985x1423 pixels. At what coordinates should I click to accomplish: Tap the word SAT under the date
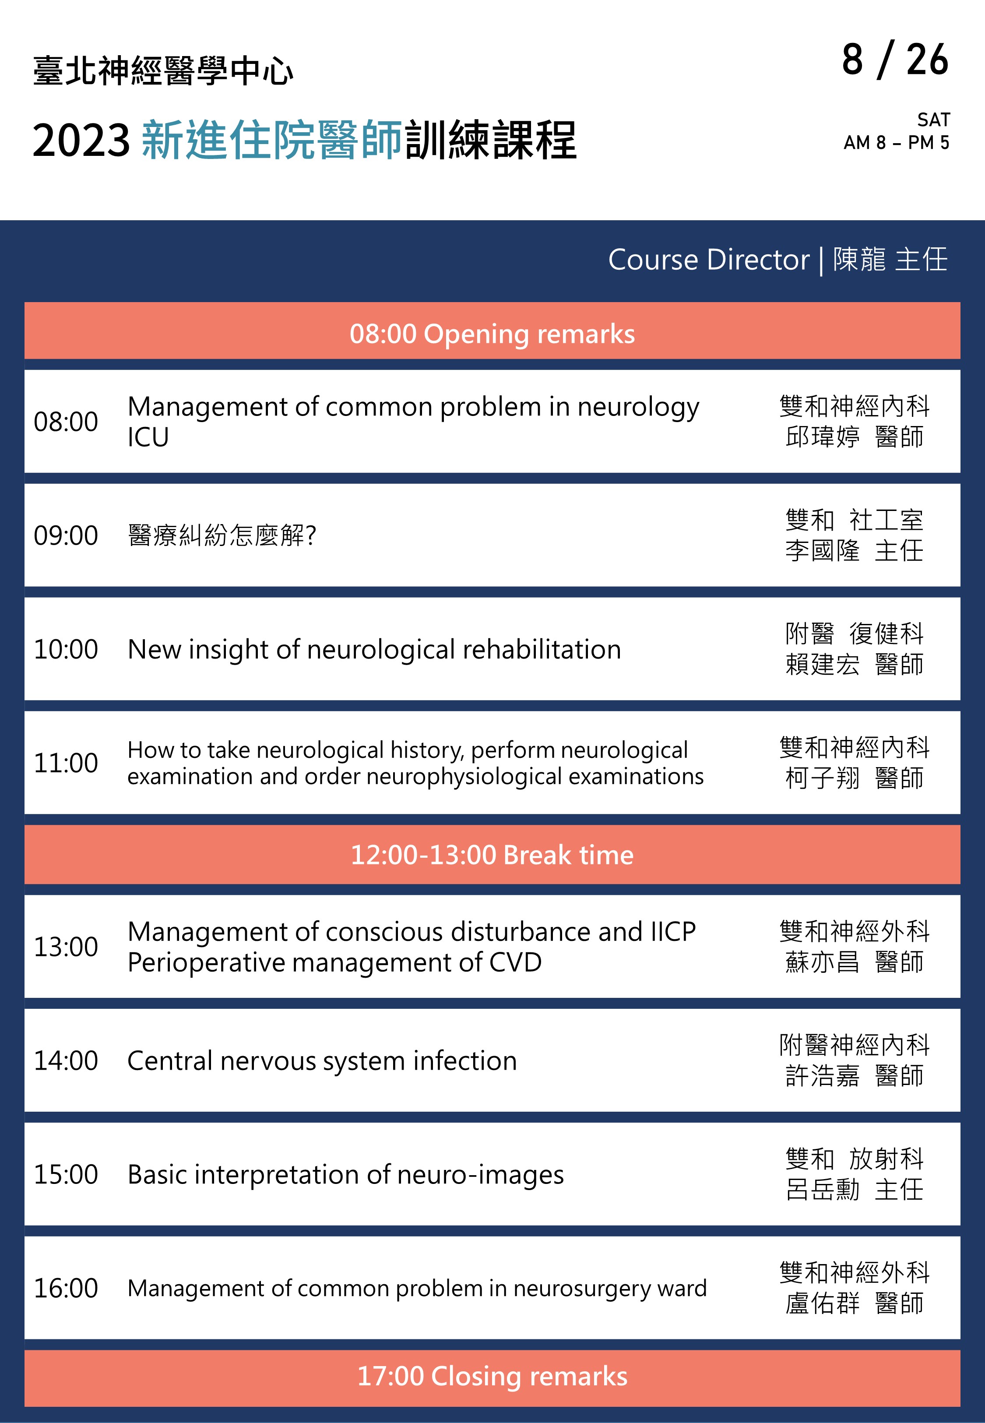933,120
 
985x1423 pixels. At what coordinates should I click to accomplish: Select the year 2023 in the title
81,141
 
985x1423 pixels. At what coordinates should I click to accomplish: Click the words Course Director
708,259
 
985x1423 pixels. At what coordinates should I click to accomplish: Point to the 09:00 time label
65,535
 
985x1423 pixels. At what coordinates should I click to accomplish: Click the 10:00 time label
65,649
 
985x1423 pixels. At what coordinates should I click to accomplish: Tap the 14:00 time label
65,1061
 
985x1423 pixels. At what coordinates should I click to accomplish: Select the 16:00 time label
65,1288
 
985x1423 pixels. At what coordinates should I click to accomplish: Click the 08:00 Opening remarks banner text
492,334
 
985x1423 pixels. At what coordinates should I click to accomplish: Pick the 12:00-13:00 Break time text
492,855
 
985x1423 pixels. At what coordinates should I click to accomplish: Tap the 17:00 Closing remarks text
492,1376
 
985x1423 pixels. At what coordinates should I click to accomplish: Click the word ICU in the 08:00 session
148,437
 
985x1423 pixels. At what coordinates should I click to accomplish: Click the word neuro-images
481,1175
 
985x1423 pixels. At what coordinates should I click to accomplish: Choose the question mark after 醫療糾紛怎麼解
310,535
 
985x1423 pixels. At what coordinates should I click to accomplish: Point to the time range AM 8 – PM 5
896,143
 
